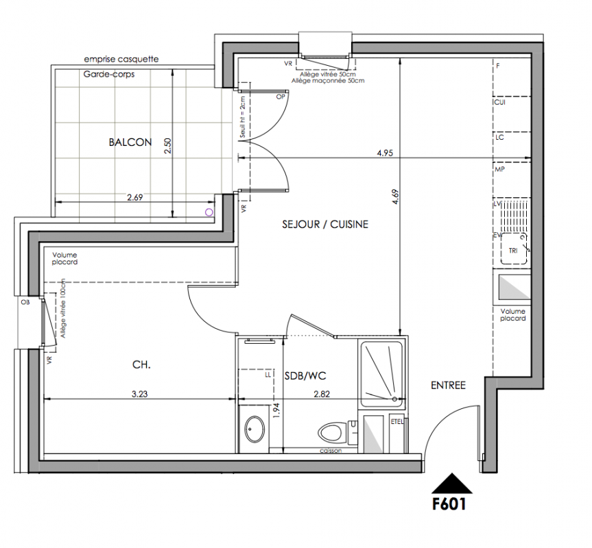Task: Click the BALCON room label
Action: click(130, 142)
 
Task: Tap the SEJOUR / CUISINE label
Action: click(325, 224)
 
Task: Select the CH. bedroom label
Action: click(141, 365)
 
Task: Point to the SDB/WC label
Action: click(305, 376)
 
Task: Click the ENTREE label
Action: click(448, 385)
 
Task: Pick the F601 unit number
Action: click(449, 504)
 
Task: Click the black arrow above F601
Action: click(451, 484)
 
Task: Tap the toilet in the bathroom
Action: click(333, 432)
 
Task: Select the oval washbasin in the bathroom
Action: click(255, 429)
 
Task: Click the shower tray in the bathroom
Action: click(381, 374)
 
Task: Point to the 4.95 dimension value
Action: click(385, 153)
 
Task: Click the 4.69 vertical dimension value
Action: click(396, 197)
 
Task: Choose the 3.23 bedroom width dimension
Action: click(140, 395)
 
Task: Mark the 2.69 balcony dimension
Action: click(134, 197)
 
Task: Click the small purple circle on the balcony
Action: click(209, 212)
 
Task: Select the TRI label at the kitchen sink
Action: click(513, 251)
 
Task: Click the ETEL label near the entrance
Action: click(397, 422)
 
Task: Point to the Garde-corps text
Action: click(109, 74)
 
